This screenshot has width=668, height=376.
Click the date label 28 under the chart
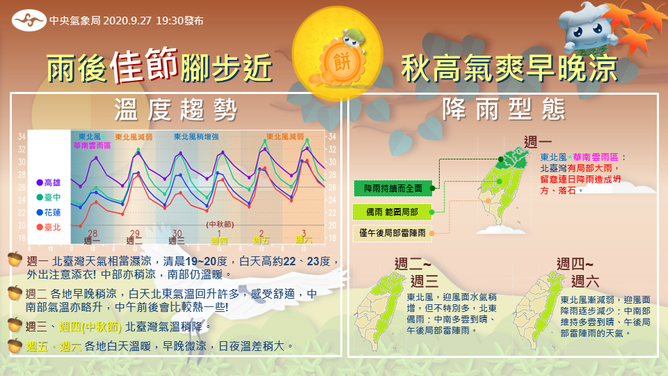tap(91, 233)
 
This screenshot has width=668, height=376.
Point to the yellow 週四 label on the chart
tap(218, 240)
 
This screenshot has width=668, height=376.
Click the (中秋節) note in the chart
tap(218, 224)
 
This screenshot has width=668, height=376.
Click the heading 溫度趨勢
tap(176, 109)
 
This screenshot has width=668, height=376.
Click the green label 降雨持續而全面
tap(392, 188)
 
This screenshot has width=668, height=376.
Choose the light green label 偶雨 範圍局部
tap(392, 210)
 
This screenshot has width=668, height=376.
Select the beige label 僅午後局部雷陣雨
tap(392, 233)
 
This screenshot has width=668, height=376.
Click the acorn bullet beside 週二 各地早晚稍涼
tap(15, 292)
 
